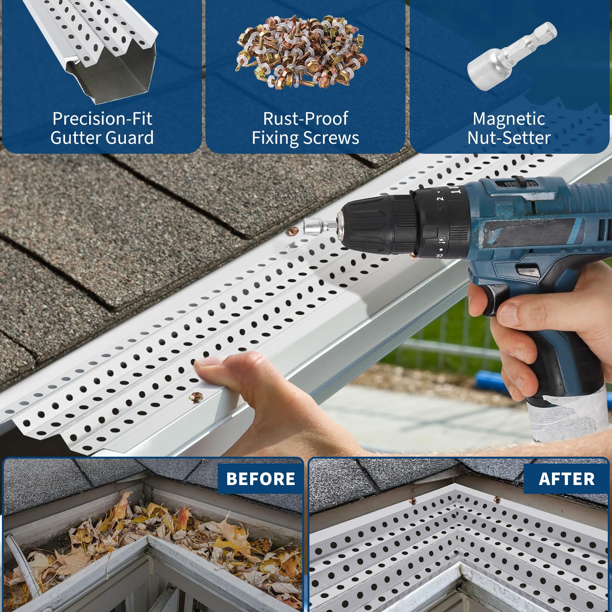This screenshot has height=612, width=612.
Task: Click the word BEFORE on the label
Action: tap(260, 479)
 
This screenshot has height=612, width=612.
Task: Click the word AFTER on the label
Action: tap(566, 479)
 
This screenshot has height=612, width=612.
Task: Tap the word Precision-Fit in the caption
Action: tap(102, 119)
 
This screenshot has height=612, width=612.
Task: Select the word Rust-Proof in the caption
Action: tap(306, 119)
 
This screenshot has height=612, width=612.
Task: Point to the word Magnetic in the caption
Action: tap(509, 119)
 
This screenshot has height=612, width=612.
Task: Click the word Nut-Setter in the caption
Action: tap(509, 138)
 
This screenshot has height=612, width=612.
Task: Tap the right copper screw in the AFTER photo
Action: tap(497, 499)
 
